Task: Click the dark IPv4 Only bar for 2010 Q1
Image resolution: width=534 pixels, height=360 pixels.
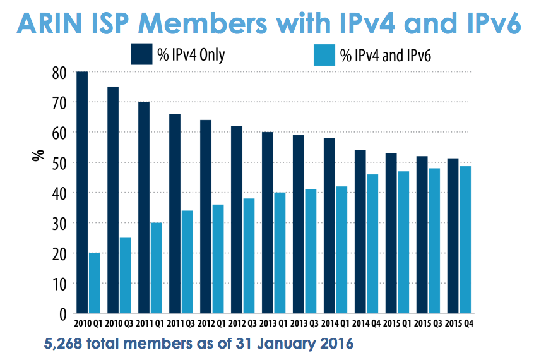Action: click(82, 193)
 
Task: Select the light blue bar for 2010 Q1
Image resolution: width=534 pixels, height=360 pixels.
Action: click(95, 283)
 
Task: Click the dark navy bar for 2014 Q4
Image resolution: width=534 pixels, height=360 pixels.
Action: click(360, 232)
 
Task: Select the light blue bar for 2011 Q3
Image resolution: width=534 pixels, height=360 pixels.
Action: click(187, 262)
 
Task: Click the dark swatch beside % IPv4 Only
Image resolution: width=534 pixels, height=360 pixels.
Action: click(140, 54)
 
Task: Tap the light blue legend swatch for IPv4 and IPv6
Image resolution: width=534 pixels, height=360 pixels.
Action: click(325, 54)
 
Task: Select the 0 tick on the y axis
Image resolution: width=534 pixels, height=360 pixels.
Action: click(62, 314)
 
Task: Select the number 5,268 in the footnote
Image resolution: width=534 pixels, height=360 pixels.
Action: click(65, 345)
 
